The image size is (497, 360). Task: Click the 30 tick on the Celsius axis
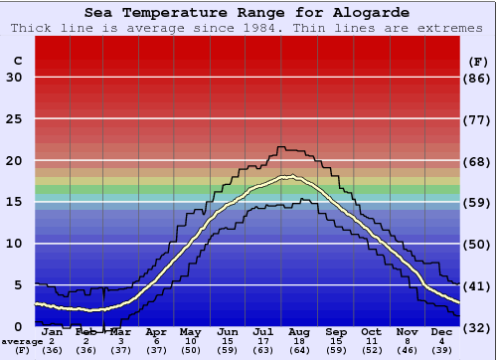click(x=15, y=78)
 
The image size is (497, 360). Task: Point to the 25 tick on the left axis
click(x=15, y=119)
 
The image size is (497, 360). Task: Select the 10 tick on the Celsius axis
click(x=15, y=244)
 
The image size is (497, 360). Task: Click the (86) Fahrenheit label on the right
click(x=478, y=78)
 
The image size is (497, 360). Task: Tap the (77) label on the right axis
click(x=478, y=119)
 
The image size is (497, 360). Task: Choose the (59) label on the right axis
click(x=478, y=202)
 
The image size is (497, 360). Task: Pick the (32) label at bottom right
click(x=478, y=327)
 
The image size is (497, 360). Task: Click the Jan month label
click(x=52, y=331)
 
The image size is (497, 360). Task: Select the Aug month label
click(x=299, y=331)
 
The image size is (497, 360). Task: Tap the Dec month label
click(x=440, y=331)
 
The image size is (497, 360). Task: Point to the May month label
click(x=189, y=331)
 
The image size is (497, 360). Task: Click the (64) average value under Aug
click(x=299, y=350)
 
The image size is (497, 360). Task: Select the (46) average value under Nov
click(x=407, y=350)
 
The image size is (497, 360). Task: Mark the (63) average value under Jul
click(x=262, y=350)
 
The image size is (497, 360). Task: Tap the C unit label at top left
click(x=17, y=61)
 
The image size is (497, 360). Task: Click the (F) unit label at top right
click(x=478, y=61)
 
